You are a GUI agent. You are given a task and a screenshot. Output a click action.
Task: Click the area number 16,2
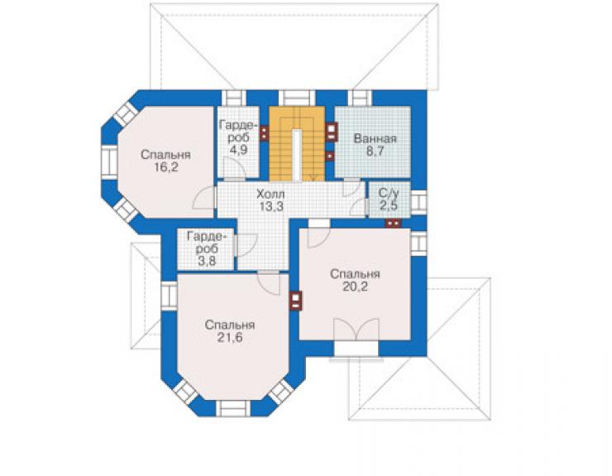tap(166, 168)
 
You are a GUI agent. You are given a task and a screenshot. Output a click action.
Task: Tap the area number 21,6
tap(230, 338)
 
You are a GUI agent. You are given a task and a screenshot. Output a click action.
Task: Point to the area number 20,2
tap(355, 287)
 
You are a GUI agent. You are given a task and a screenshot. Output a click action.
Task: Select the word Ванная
tap(375, 139)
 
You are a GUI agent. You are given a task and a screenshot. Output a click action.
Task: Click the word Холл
tap(270, 194)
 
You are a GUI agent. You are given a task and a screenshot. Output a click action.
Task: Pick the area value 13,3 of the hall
tap(271, 206)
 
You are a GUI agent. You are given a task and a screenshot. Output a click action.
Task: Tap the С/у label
tap(389, 194)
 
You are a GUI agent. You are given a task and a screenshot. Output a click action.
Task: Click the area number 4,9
tap(238, 150)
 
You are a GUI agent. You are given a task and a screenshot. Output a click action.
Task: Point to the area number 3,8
tap(207, 261)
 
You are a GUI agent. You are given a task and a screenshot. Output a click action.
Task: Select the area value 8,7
tap(375, 151)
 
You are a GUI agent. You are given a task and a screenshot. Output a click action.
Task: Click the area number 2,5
tap(389, 205)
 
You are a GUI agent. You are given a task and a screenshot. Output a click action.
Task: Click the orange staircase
tap(297, 143)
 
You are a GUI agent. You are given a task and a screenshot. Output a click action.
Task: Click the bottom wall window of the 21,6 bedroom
tap(233, 408)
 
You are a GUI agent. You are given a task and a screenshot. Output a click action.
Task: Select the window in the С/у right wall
tap(418, 202)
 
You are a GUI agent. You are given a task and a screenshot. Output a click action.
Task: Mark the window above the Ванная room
tap(360, 98)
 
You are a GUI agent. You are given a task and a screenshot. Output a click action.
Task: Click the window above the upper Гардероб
tap(234, 98)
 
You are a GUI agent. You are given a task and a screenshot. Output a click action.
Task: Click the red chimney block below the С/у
tap(394, 224)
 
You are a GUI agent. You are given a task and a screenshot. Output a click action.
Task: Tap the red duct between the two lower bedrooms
tap(296, 301)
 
